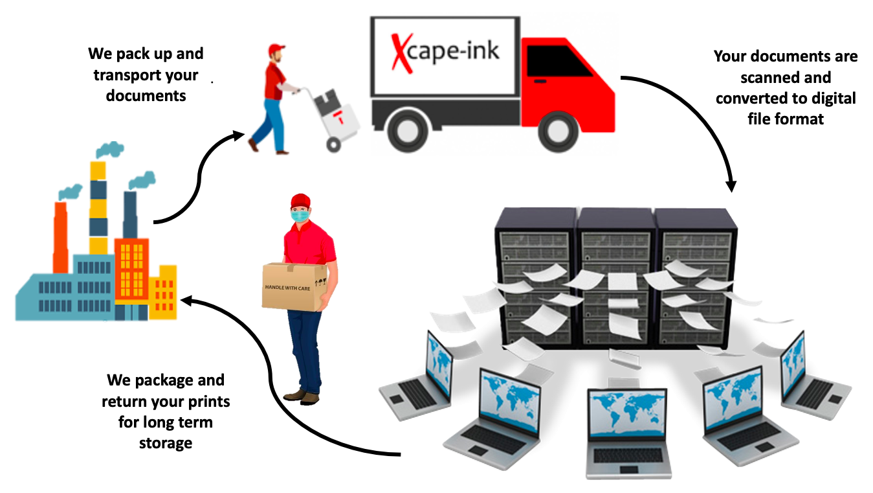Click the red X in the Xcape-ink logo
point(402,52)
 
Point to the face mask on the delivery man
point(300,215)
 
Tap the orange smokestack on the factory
point(61,237)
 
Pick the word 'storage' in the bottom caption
point(166,443)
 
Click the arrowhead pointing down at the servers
point(731,185)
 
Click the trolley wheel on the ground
point(334,144)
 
